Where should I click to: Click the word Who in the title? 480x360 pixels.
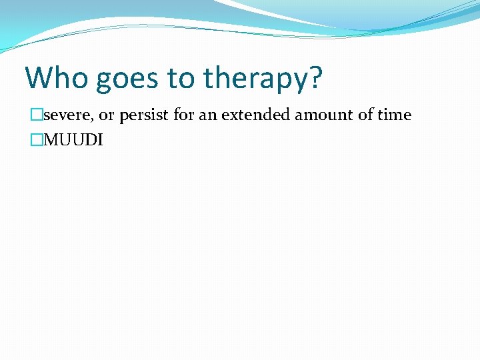click(57, 78)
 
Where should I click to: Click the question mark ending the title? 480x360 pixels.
click(315, 78)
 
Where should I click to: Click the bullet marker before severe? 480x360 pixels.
click(37, 115)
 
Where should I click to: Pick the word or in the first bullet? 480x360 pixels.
click(107, 115)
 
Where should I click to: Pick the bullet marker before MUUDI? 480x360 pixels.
click(37, 141)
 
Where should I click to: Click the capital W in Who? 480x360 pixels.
click(39, 78)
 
